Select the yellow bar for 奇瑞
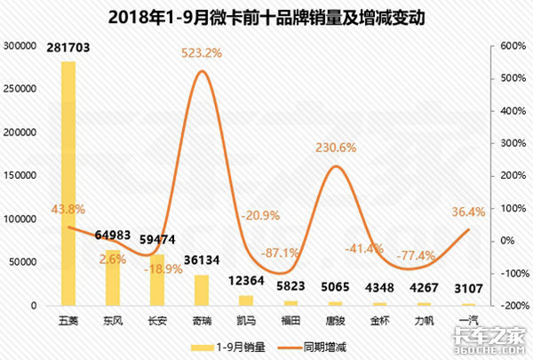tap(202, 291)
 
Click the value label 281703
tap(68, 49)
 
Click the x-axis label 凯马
tap(246, 319)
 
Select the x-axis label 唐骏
tap(335, 319)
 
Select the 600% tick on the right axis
tap(513, 45)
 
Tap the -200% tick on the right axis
tap(513, 306)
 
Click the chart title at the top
tap(266, 15)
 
